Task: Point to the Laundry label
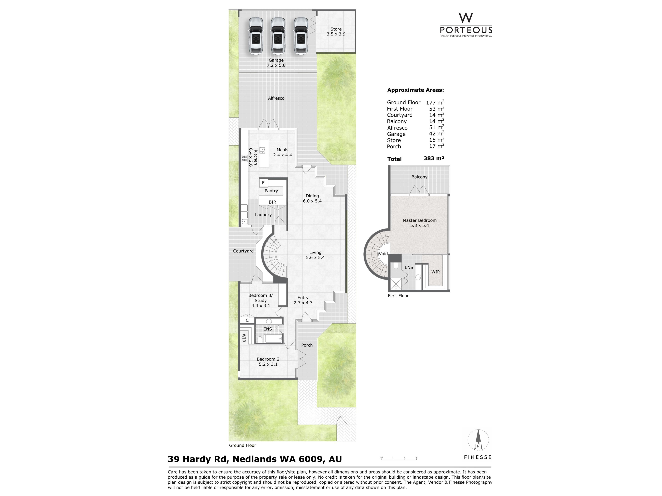(263, 215)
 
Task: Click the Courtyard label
(243, 251)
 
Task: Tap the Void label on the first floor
(383, 254)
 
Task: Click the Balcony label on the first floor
(419, 177)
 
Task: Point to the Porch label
(307, 345)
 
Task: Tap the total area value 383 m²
(434, 158)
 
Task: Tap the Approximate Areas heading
(415, 90)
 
